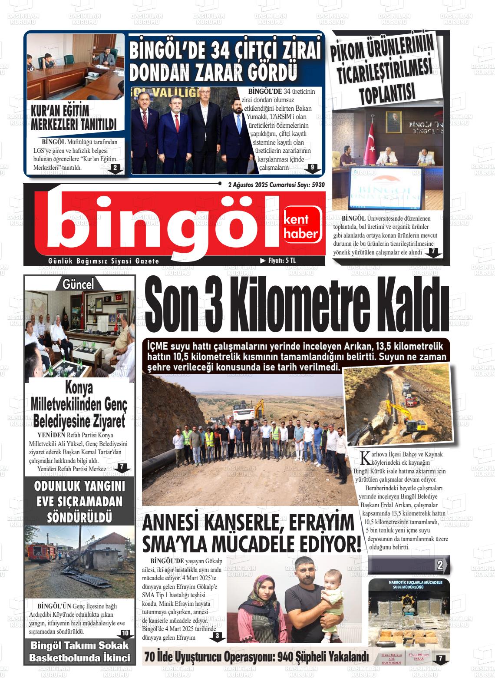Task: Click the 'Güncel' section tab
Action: (79, 284)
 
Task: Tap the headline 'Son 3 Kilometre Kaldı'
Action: (296, 309)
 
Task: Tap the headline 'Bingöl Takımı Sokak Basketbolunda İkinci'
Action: (79, 651)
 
